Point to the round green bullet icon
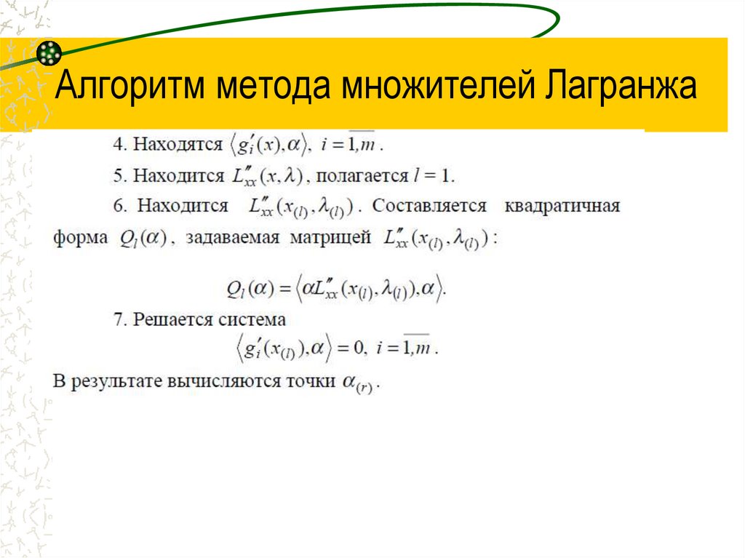[x=49, y=52]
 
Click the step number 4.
[x=117, y=144]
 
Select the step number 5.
[x=117, y=175]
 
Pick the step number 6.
[x=117, y=207]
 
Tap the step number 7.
[x=117, y=319]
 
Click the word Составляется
[x=429, y=207]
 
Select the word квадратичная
[x=561, y=207]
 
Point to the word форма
[x=79, y=238]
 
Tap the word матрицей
[x=330, y=238]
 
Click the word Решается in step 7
[x=172, y=319]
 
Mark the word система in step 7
[x=252, y=319]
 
